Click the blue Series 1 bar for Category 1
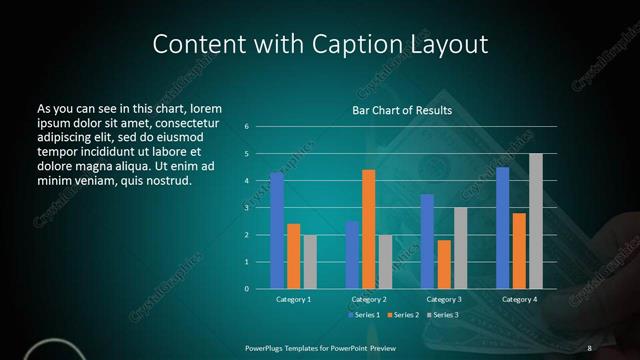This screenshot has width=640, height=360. coord(277,230)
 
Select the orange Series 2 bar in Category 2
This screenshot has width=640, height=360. coord(368,229)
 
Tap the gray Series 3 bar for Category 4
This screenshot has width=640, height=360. coord(536,221)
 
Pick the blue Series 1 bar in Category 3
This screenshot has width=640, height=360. coord(427,241)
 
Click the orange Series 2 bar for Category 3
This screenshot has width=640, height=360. coord(444,264)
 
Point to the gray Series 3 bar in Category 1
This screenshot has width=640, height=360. coord(310,261)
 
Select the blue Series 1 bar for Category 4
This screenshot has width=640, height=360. coord(502,227)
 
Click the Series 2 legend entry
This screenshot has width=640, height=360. coord(402,315)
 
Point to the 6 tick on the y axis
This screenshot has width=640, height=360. coord(246,127)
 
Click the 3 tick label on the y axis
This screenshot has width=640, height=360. coord(246,208)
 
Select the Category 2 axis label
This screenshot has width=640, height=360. coord(369,299)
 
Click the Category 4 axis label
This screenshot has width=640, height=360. coord(519,299)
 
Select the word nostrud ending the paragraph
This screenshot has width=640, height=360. coord(167,180)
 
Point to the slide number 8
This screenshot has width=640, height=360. coord(589,347)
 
